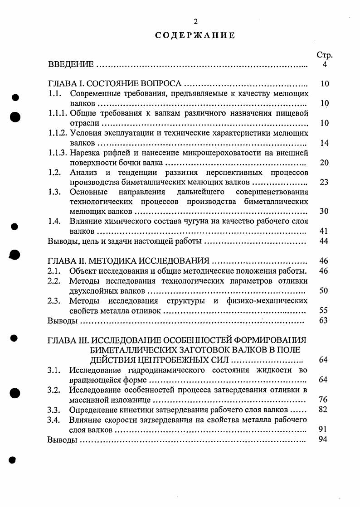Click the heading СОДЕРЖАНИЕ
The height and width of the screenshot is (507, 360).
(195, 35)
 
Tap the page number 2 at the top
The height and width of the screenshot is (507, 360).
(195, 21)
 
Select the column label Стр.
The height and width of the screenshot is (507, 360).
(324, 55)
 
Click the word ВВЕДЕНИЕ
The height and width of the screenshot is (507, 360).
(71, 65)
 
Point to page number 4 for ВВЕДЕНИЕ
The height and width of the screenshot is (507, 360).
(325, 65)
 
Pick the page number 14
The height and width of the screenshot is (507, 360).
(324, 143)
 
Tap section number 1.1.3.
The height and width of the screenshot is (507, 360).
(58, 153)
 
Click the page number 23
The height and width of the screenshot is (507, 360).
(324, 183)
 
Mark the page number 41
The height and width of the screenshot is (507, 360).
(324, 231)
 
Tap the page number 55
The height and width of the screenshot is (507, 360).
(324, 310)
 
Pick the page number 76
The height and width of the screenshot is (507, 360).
(323, 400)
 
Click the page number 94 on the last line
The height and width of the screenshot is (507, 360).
(323, 439)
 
